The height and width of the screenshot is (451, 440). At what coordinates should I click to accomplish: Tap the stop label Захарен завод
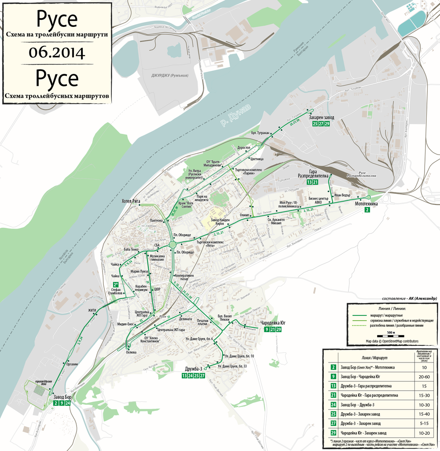(321, 118)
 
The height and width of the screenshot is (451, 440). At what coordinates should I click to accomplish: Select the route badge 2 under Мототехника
(367, 211)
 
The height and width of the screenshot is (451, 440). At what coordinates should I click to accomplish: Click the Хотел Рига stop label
(131, 201)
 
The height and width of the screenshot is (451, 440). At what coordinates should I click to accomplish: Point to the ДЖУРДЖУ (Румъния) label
(164, 75)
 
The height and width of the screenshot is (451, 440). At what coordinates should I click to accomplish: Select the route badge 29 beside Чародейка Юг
(279, 330)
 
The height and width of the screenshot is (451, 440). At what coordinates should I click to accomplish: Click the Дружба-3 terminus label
(194, 369)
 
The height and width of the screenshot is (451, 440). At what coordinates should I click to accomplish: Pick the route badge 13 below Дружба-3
(184, 376)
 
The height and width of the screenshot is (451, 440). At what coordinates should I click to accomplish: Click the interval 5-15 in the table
(424, 423)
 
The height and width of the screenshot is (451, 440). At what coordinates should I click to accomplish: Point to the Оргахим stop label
(72, 364)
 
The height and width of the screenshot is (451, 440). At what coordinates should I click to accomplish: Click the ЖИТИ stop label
(92, 311)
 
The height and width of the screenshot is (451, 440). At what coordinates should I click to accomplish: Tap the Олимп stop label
(245, 215)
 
